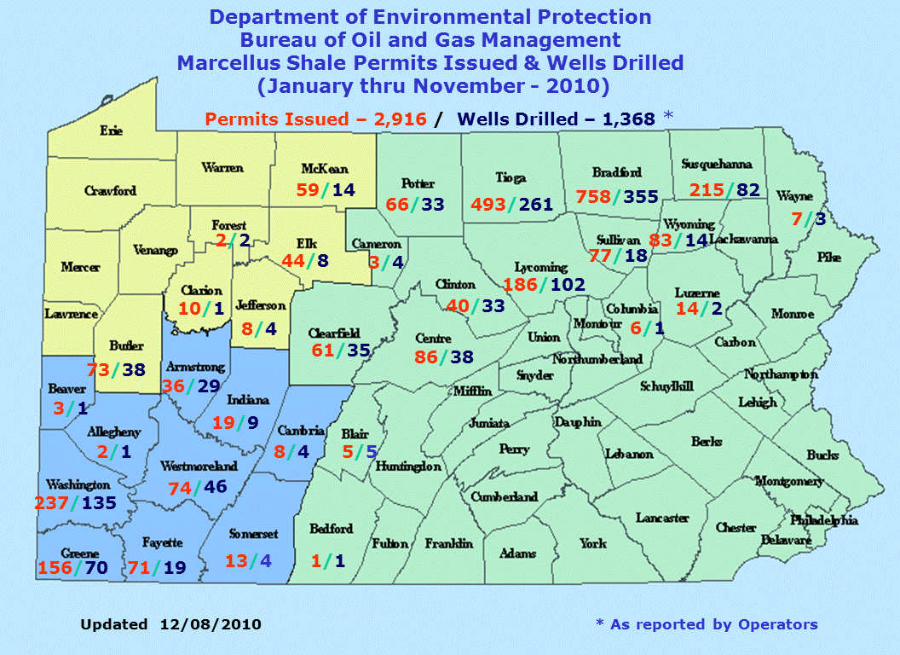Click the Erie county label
click(111, 130)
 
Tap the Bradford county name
click(620, 173)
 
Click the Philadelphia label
click(823, 520)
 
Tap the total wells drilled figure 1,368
click(629, 119)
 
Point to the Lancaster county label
click(662, 518)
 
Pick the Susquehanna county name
click(716, 164)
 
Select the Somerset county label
click(254, 535)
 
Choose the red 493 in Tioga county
click(489, 205)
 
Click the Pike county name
click(828, 257)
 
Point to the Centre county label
click(434, 339)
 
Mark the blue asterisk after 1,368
click(667, 116)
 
